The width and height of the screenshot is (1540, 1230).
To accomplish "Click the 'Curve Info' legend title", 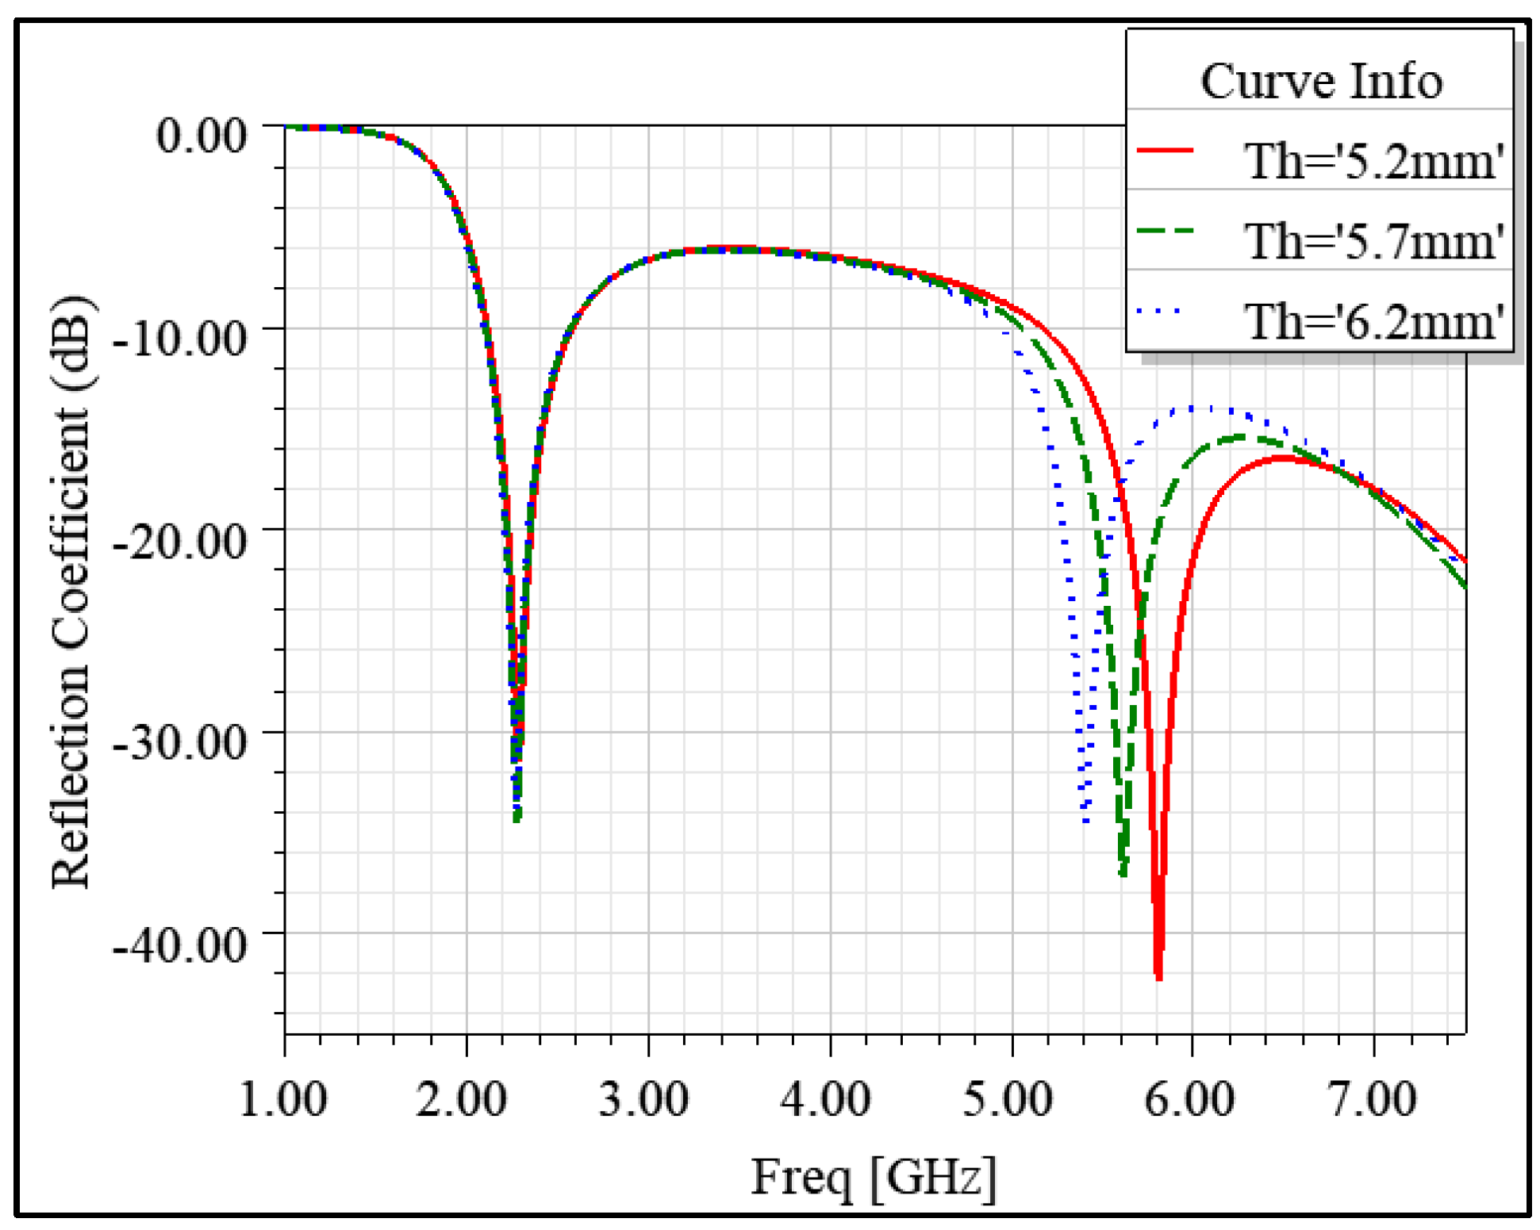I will click(x=1320, y=81).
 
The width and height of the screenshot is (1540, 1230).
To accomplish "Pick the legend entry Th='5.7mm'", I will click(x=1373, y=241).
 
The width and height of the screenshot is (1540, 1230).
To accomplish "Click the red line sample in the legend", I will click(x=1165, y=150).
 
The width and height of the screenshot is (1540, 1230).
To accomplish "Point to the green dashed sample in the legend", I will click(x=1165, y=231).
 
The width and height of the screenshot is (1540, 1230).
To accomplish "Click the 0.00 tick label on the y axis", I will click(x=202, y=136).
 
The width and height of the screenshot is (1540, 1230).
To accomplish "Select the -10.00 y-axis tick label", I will click(x=181, y=339).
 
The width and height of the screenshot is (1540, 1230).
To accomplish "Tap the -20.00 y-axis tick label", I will click(x=181, y=541).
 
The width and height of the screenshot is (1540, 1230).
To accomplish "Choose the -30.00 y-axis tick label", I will click(x=181, y=743).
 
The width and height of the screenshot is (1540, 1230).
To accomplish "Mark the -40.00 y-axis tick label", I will click(x=181, y=945).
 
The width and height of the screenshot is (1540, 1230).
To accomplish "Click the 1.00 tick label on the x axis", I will click(x=283, y=1099).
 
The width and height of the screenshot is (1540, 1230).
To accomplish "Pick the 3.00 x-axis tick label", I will click(x=644, y=1099).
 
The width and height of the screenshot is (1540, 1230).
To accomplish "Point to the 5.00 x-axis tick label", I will click(x=1008, y=1099).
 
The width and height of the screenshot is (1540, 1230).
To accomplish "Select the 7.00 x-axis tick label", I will click(x=1373, y=1099).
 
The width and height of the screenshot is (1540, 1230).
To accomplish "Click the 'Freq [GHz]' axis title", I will click(x=874, y=1177).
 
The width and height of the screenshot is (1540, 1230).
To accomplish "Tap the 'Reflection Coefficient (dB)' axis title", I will click(x=71, y=591).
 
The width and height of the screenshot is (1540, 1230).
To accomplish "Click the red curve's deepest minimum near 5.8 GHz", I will click(x=1159, y=977).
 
